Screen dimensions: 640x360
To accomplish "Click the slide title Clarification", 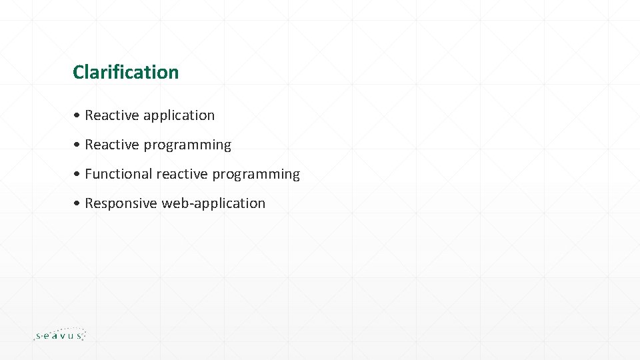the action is click(126, 72).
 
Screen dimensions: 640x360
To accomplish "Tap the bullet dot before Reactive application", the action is click(77, 115).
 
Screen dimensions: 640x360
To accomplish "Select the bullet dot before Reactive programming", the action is click(77, 145).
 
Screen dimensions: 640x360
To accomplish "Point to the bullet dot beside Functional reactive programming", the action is click(77, 174).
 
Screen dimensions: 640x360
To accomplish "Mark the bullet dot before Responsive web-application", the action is click(77, 203).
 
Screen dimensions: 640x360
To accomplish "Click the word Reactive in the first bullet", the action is click(112, 115).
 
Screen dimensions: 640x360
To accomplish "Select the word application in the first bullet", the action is click(179, 116).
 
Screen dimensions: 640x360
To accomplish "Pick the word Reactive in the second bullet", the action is click(112, 145).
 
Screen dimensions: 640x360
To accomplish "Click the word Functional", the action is click(119, 174).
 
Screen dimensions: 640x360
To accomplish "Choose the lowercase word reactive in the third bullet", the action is click(182, 174).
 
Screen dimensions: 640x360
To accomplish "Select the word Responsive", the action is click(121, 204).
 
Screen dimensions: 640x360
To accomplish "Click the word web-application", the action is click(213, 204).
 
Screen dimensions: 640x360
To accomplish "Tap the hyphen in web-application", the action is click(192, 205).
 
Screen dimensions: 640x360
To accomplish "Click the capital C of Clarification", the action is click(79, 72).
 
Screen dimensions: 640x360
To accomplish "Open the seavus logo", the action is click(60, 334).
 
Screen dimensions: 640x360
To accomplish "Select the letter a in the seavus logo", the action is click(52, 336).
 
